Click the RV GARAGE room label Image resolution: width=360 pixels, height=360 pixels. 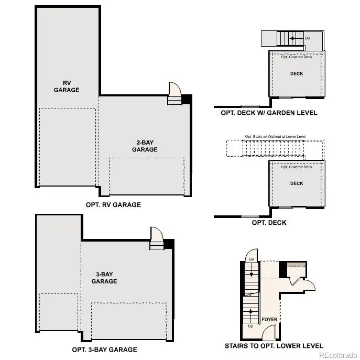click(67, 86)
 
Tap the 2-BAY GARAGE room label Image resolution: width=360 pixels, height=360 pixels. click(144, 146)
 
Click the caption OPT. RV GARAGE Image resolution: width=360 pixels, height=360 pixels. click(113, 204)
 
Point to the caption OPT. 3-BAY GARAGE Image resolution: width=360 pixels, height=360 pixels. click(104, 350)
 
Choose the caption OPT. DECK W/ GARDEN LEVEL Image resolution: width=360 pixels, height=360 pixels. click(269, 113)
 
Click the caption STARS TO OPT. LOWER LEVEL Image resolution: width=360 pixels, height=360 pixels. click(274, 346)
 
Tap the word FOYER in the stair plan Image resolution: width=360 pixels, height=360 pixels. click(270, 319)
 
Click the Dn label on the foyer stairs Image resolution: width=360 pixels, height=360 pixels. click(252, 259)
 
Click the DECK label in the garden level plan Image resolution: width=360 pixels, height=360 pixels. click(297, 74)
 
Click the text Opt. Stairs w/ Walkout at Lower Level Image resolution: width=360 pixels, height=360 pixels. click(275, 137)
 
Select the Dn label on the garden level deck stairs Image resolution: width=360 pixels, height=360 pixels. click(307, 38)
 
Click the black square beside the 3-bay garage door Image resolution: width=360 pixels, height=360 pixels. click(169, 244)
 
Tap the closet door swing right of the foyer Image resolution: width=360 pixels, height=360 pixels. click(309, 284)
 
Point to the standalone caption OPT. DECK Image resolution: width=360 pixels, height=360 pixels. click(269, 223)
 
